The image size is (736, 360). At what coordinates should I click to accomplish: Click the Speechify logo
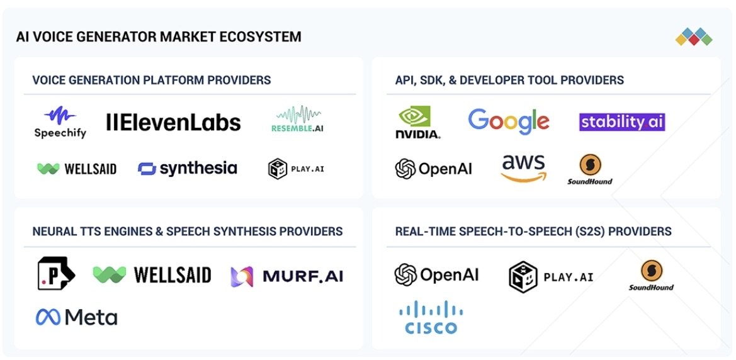point(60,123)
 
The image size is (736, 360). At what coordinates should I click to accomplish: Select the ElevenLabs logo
point(174,122)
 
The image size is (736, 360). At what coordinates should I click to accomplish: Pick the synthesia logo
point(187,169)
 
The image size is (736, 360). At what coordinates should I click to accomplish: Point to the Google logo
point(509,121)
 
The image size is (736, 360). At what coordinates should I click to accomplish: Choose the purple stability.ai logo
point(622,122)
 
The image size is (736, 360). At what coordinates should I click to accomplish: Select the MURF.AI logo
point(287,276)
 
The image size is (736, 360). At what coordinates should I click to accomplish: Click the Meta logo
point(77,318)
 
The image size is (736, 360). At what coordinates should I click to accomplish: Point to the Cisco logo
point(431,317)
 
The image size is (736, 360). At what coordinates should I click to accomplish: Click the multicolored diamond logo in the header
point(694,37)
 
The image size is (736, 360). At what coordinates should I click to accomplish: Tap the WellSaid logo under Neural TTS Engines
point(152,275)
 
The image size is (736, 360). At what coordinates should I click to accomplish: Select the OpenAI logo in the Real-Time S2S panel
point(436,274)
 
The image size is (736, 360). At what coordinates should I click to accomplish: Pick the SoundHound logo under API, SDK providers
point(590,169)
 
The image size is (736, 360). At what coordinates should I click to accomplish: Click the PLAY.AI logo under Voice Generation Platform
point(296,169)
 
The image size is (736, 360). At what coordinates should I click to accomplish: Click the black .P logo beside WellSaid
point(56,273)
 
